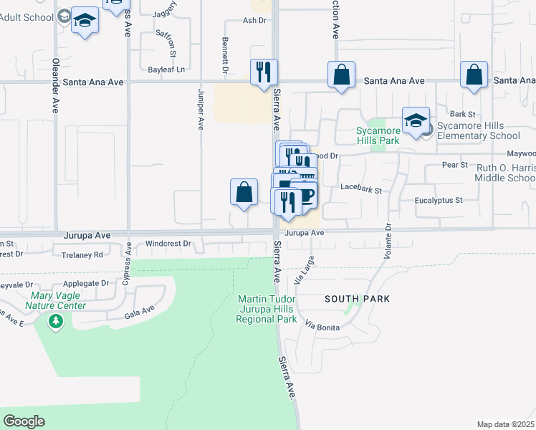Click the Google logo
click(24, 421)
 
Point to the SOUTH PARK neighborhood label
click(357, 298)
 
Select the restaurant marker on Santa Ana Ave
click(264, 72)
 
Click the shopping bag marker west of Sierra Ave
click(244, 192)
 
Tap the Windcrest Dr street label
click(168, 244)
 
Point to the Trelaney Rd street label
click(82, 254)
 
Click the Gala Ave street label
click(139, 311)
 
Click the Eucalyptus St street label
click(440, 201)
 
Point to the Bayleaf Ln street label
click(166, 70)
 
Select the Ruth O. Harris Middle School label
click(505, 173)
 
